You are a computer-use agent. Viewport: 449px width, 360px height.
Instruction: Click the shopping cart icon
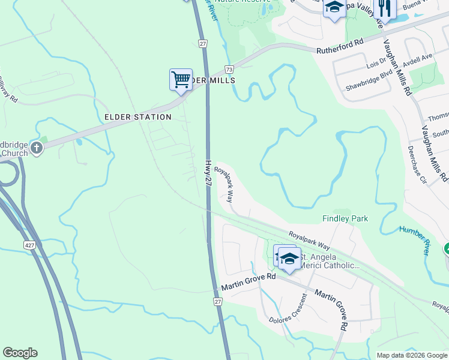[x=180, y=79]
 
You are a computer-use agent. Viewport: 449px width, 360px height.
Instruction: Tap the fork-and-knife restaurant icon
[x=384, y=8]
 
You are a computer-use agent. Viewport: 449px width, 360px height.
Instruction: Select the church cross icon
[x=37, y=147]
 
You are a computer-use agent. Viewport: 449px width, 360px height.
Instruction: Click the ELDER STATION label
[x=138, y=117]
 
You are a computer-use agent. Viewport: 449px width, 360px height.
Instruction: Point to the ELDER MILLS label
[x=210, y=80]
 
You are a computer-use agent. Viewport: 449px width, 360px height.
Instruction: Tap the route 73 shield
[x=229, y=70]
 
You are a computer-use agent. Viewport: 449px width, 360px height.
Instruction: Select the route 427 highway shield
[x=30, y=229]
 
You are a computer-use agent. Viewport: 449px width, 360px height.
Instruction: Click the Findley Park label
[x=345, y=219]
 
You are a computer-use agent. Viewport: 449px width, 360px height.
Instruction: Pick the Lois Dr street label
[x=375, y=64]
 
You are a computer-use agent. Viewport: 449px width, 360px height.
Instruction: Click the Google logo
[x=20, y=353]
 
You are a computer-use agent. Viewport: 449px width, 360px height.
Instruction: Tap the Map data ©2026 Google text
[x=412, y=355]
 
